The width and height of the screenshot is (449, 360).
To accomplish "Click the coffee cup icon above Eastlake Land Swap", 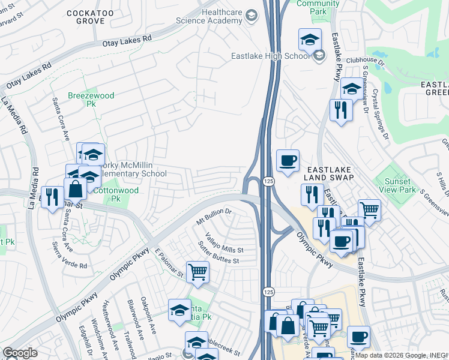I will click(288, 160).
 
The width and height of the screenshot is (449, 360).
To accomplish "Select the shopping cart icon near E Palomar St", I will click(197, 272).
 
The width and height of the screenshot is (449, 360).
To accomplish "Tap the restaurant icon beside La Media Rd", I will click(52, 196).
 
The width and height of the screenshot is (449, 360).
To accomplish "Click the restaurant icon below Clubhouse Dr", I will click(341, 110).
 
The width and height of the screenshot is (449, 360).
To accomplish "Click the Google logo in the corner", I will click(20, 353).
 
